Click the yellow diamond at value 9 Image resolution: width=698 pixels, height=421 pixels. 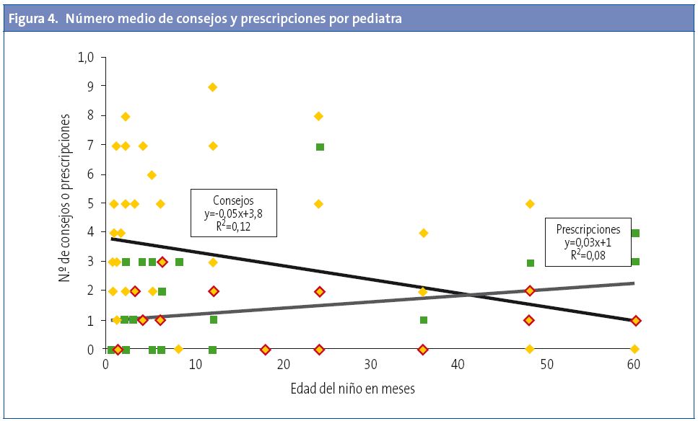point(213,87)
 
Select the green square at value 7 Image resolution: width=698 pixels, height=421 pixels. point(320,147)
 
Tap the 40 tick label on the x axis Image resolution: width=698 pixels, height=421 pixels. point(459,365)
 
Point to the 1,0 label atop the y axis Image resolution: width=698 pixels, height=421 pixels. point(86,58)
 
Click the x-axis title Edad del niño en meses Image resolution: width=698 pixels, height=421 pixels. point(352,389)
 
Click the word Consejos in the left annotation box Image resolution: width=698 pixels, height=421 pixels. point(233,200)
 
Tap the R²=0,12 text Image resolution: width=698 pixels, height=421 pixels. point(233,226)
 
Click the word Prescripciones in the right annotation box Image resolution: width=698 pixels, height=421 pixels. point(588,229)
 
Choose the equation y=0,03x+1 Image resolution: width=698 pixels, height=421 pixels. point(588,242)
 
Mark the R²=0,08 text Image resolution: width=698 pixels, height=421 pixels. point(588,255)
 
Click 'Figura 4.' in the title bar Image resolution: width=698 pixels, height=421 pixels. point(34,19)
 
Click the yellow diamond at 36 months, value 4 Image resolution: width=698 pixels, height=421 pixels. point(424,233)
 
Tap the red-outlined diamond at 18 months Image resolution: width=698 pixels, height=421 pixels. point(265,350)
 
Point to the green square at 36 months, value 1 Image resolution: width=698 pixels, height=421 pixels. point(424,320)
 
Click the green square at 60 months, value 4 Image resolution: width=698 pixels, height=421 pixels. point(635,233)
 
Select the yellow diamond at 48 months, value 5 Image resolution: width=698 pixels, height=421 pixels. point(530,204)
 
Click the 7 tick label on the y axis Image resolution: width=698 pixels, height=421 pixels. point(91,146)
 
